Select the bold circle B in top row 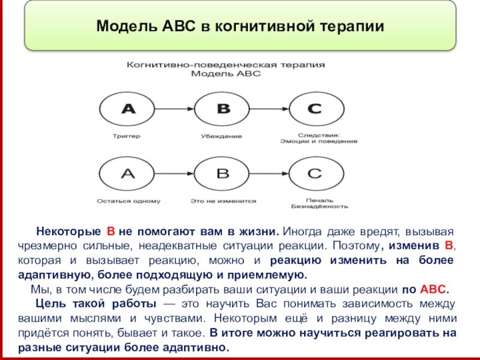click(223, 109)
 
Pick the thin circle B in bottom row click(223, 174)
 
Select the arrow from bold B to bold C click(269, 109)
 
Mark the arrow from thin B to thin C click(269, 174)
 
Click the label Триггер click(127, 136)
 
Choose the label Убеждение click(221, 136)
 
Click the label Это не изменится click(223, 201)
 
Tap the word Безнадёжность click(319, 206)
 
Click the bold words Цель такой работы click(95, 302)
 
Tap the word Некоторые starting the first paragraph click(68, 231)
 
